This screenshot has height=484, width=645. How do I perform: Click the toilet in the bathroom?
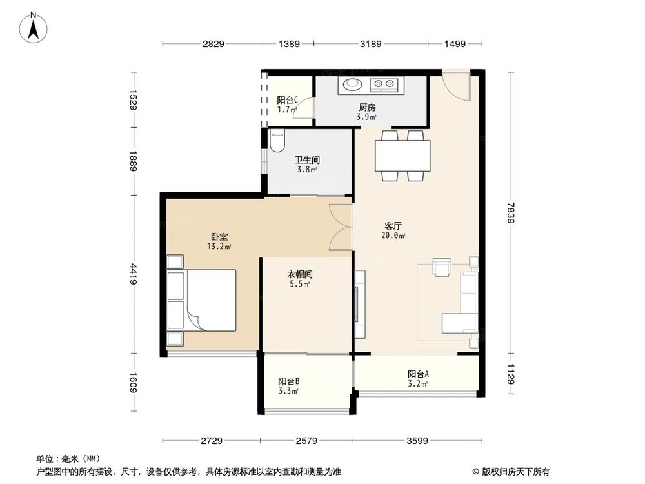coord(277,140)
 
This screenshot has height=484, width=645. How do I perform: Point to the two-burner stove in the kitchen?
coord(386,83)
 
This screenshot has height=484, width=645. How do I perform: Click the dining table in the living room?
coord(403,156)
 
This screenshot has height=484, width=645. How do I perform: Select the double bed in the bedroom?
coord(201,301)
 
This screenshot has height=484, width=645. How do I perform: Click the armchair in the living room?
coord(443,267)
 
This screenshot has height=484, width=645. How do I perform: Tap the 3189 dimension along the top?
coord(370,44)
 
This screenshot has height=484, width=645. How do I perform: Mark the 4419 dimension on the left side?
coord(134,274)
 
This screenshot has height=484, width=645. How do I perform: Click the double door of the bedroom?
coord(340,227)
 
